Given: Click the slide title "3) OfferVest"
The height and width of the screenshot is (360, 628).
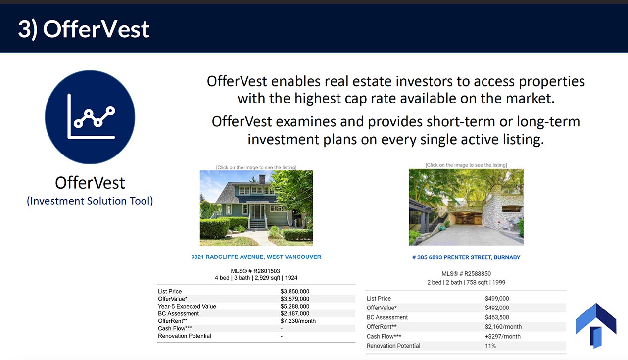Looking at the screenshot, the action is point(84,29).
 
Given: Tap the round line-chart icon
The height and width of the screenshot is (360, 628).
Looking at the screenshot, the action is point(90,117).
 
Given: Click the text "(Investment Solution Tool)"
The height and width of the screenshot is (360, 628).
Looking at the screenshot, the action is point(90,201).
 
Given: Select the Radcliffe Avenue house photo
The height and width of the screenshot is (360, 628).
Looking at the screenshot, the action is point(256,208).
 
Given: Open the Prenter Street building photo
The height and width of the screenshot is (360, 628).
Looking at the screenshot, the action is point(466,207).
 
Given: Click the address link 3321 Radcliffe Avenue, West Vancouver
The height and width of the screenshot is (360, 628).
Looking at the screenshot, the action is point(256,257).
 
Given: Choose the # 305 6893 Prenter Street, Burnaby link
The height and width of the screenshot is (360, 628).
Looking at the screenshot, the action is point(466,257).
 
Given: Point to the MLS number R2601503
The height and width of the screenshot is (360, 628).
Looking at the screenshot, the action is point(255,271).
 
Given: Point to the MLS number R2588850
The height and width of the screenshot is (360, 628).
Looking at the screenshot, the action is point(466,273).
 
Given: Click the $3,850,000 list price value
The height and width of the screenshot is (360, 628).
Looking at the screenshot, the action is point(294,291).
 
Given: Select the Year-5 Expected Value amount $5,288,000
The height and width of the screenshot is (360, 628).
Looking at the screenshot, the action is point(294,306).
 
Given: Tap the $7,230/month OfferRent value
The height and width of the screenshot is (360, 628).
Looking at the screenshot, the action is point(298,321).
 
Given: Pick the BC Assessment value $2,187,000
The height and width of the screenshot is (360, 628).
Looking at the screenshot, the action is point(294,314).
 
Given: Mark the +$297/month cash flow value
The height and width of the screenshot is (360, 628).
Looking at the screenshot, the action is point(503,336).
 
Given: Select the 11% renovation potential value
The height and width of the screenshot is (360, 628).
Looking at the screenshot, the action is point(490,346).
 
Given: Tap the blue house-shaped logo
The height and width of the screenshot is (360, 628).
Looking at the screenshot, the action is point(596,325).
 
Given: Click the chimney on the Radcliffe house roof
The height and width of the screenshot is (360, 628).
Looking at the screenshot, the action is point(262,179).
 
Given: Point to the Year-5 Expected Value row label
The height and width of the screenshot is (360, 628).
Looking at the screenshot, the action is point(187,306).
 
